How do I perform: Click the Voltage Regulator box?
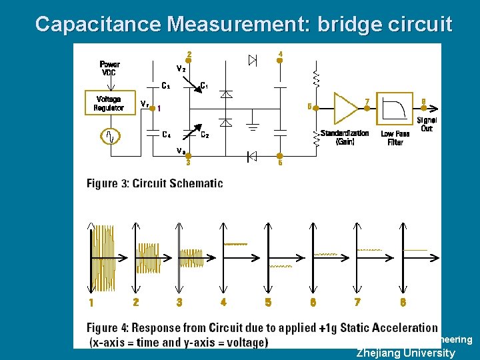tap(108, 103)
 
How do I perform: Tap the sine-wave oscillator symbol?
tap(110, 137)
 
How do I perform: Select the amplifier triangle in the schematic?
tap(345, 107)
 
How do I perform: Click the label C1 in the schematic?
tap(205, 85)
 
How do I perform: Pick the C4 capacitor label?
tap(166, 134)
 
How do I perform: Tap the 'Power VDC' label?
tap(109, 68)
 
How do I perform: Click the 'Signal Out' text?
tap(427, 124)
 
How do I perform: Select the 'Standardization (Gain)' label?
tap(344, 137)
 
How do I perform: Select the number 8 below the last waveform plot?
tap(403, 302)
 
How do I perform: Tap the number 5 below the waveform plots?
tap(268, 302)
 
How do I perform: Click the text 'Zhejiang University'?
tap(405, 353)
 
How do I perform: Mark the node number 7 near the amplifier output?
tap(367, 101)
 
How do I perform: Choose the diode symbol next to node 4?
tap(253, 61)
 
